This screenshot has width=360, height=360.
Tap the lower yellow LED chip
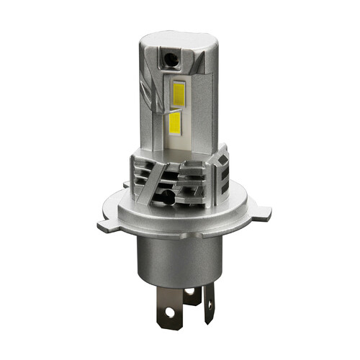pyautogui.click(x=175, y=123)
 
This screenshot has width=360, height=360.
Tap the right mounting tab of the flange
pyautogui.click(x=263, y=212)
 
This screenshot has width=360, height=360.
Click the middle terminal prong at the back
pyautogui.click(x=192, y=294)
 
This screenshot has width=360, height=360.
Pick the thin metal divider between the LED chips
pyautogui.click(x=176, y=107)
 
